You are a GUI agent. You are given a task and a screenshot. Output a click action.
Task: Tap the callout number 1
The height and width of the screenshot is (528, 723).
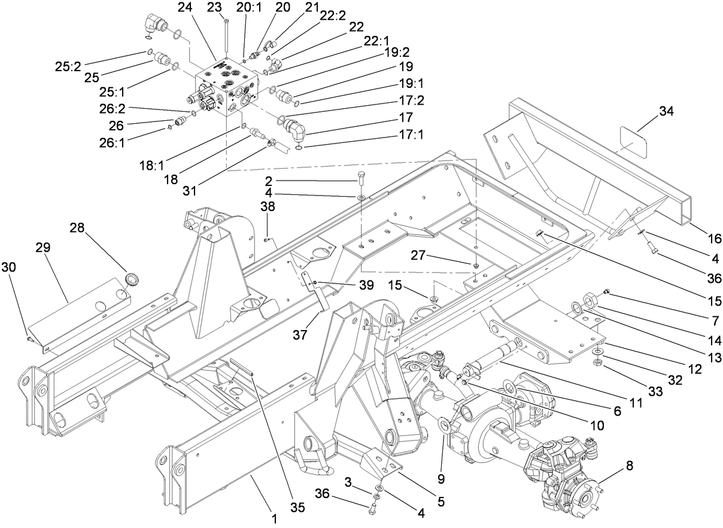(274, 518)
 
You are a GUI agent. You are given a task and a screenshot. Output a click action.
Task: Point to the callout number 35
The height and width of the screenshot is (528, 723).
(297, 508)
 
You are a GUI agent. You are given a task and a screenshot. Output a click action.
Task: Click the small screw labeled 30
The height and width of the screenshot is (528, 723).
(29, 340)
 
